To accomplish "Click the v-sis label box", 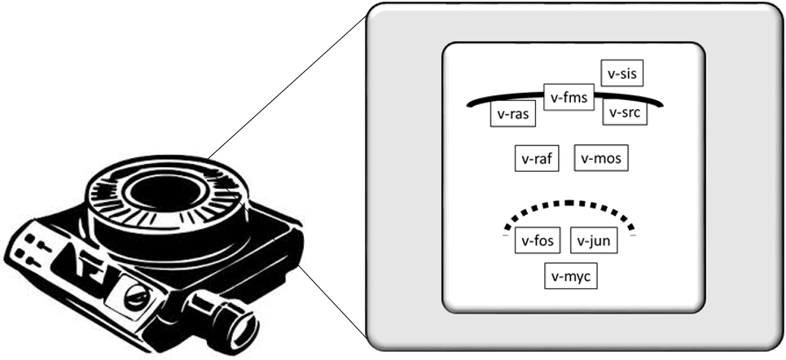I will pos(621,72).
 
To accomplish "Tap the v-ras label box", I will pos(513,114).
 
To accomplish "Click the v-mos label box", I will pos(602,158).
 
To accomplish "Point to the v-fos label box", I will pos(538,240).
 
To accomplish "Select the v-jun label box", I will pos(594,240).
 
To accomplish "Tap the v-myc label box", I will pos(571,277).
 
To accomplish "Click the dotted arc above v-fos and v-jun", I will pos(570,204).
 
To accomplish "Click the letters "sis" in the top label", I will pos(627,72).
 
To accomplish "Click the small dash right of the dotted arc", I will pos(633,235).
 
